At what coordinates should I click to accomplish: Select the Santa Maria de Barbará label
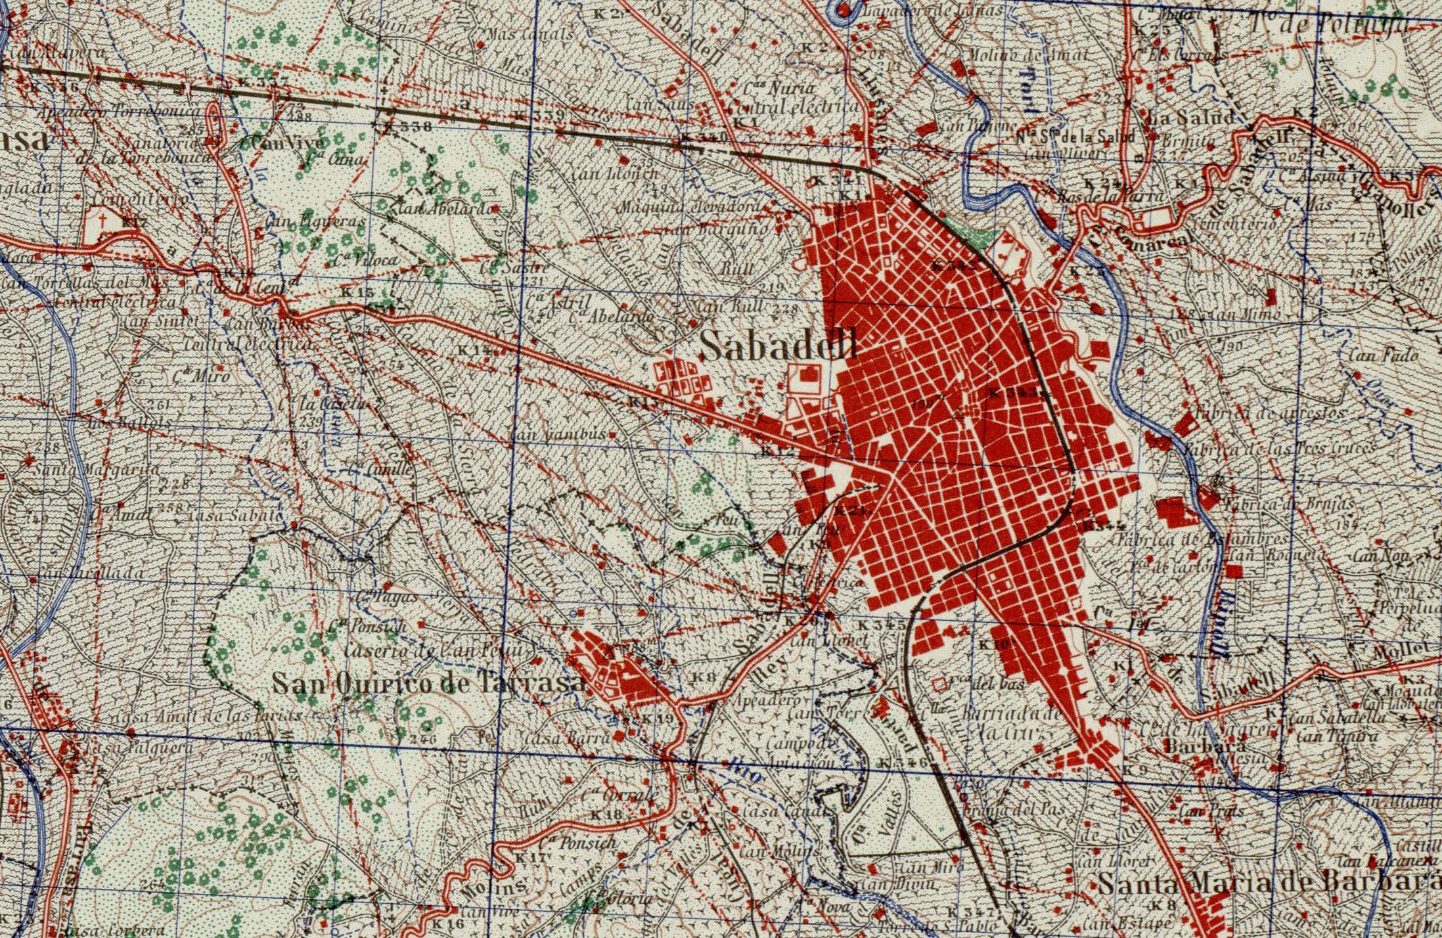pyautogui.click(x=1268, y=883)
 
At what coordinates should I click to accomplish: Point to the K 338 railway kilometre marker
pyautogui.click(x=407, y=126)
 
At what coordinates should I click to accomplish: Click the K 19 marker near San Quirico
pyautogui.click(x=658, y=719)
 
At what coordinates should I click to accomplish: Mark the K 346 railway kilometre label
pyautogui.click(x=903, y=763)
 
